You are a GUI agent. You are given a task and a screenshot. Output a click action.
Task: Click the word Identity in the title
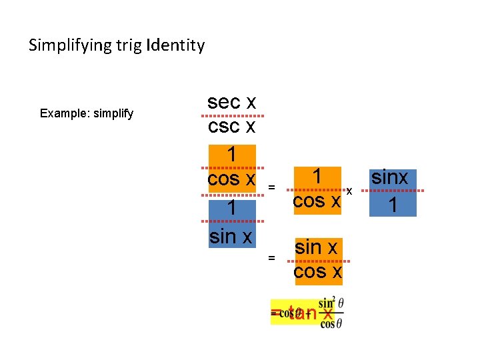176,46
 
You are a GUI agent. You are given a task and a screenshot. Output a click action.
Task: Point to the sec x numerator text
231,102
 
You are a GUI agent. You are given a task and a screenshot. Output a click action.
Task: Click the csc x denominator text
231,127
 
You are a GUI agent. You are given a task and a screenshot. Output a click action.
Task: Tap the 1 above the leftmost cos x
231,155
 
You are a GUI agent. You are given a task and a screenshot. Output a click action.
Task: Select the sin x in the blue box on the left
231,236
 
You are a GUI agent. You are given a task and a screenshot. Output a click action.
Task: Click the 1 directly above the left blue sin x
231,209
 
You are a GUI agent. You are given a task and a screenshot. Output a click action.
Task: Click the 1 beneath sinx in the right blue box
393,205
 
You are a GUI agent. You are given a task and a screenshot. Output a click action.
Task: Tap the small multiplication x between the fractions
349,192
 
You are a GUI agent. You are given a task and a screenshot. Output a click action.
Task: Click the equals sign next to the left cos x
271,187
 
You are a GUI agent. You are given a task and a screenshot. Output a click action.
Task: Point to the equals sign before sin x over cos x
271,257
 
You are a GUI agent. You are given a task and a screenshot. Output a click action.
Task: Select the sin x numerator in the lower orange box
317,247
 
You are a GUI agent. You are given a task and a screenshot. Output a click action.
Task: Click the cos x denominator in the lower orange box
317,271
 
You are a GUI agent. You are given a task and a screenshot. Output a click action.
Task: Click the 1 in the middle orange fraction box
318,177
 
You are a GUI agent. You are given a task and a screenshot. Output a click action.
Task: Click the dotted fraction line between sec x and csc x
231,115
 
